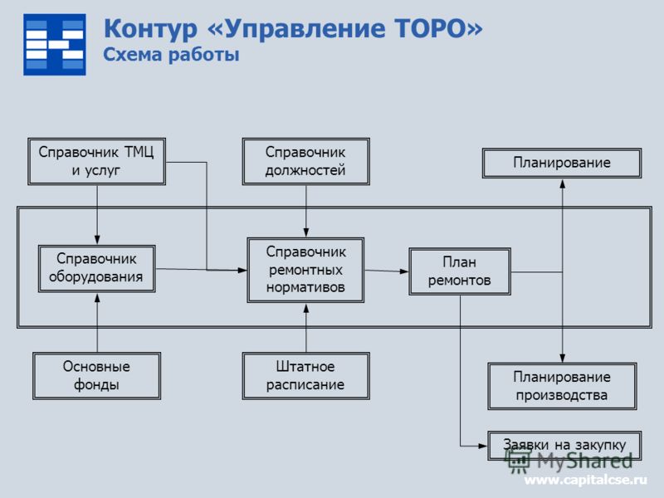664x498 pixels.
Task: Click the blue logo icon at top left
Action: pyautogui.click(x=55, y=45)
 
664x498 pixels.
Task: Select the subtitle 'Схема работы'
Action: pyautogui.click(x=171, y=55)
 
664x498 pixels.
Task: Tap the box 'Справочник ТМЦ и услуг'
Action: pyautogui.click(x=96, y=161)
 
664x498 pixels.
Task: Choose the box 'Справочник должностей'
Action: pyautogui.click(x=305, y=161)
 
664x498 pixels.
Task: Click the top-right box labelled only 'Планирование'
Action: pyautogui.click(x=562, y=163)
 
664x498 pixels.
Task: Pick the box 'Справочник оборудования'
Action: pyautogui.click(x=96, y=268)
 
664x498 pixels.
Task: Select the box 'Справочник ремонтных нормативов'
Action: pyautogui.click(x=305, y=270)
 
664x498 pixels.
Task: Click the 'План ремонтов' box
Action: pyautogui.click(x=460, y=271)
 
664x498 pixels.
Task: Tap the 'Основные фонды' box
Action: pyautogui.click(x=96, y=376)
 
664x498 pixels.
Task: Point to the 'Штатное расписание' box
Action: pyautogui.click(x=305, y=376)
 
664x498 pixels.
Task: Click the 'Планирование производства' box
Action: pyautogui.click(x=562, y=386)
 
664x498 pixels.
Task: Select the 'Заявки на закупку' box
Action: pyautogui.click(x=564, y=446)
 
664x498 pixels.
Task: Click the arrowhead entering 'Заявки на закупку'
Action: pyautogui.click(x=483, y=446)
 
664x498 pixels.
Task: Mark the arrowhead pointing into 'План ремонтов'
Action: pyautogui.click(x=404, y=271)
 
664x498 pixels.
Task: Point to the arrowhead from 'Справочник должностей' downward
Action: pyautogui.click(x=306, y=232)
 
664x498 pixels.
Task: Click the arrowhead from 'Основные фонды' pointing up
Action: pyautogui.click(x=97, y=298)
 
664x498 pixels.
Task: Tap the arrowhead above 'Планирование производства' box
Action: pyautogui.click(x=563, y=358)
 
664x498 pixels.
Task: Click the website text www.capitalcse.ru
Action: pyautogui.click(x=586, y=481)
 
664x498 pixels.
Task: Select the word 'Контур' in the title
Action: pyautogui.click(x=151, y=29)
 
